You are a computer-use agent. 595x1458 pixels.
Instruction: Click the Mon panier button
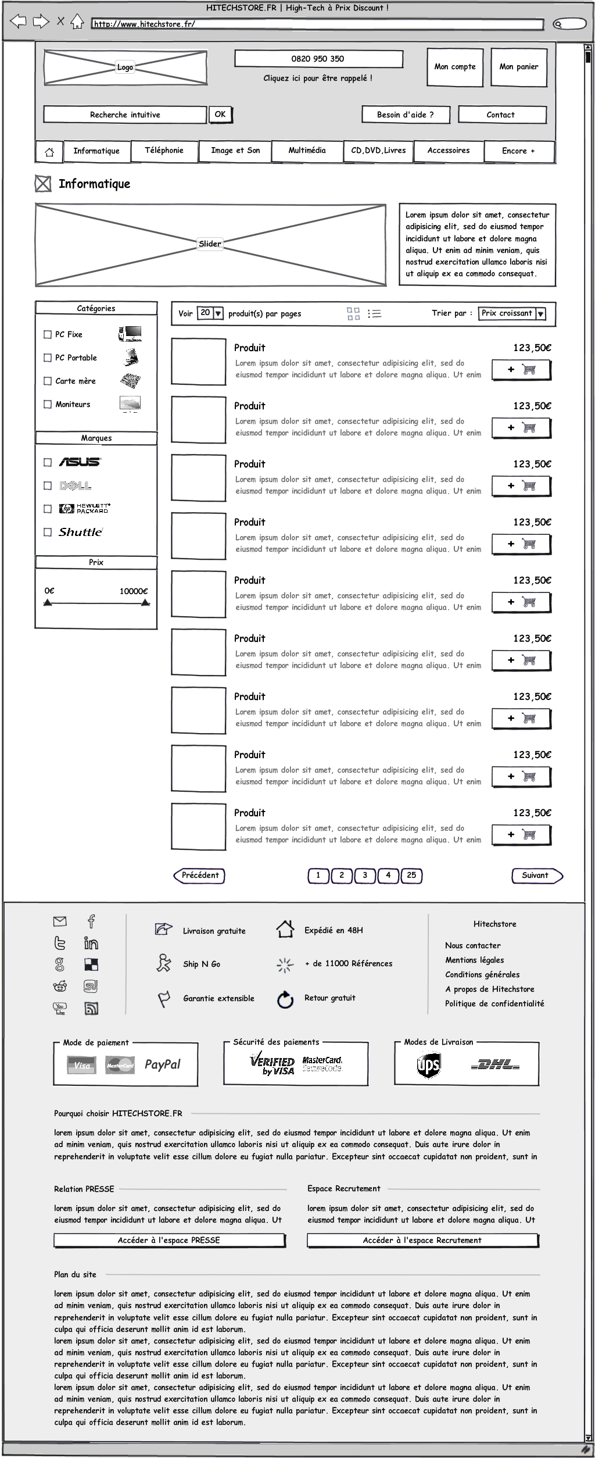coord(518,67)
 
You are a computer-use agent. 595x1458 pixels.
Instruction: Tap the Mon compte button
coord(455,67)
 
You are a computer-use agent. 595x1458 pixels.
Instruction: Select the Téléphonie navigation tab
coord(164,151)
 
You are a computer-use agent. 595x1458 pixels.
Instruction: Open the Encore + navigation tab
coord(518,151)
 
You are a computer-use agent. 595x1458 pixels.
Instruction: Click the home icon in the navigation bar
coord(49,152)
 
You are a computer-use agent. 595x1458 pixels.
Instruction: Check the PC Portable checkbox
coord(48,358)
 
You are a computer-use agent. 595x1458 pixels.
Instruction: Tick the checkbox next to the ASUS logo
coord(48,463)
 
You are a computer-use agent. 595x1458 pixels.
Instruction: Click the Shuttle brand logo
coord(81,532)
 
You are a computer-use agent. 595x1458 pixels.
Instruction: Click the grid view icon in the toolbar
coord(353,314)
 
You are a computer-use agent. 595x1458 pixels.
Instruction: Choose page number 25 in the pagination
coord(411,875)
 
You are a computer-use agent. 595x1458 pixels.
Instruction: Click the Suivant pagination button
coord(536,875)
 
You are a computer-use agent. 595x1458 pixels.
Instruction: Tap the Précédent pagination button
coord(199,875)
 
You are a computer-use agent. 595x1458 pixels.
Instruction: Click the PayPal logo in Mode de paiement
coord(162,1064)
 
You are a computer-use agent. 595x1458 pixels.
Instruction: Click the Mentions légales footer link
coord(474,960)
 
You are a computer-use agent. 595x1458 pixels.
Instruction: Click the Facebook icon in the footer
coord(91,921)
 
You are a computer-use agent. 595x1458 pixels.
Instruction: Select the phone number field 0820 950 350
coord(318,59)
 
